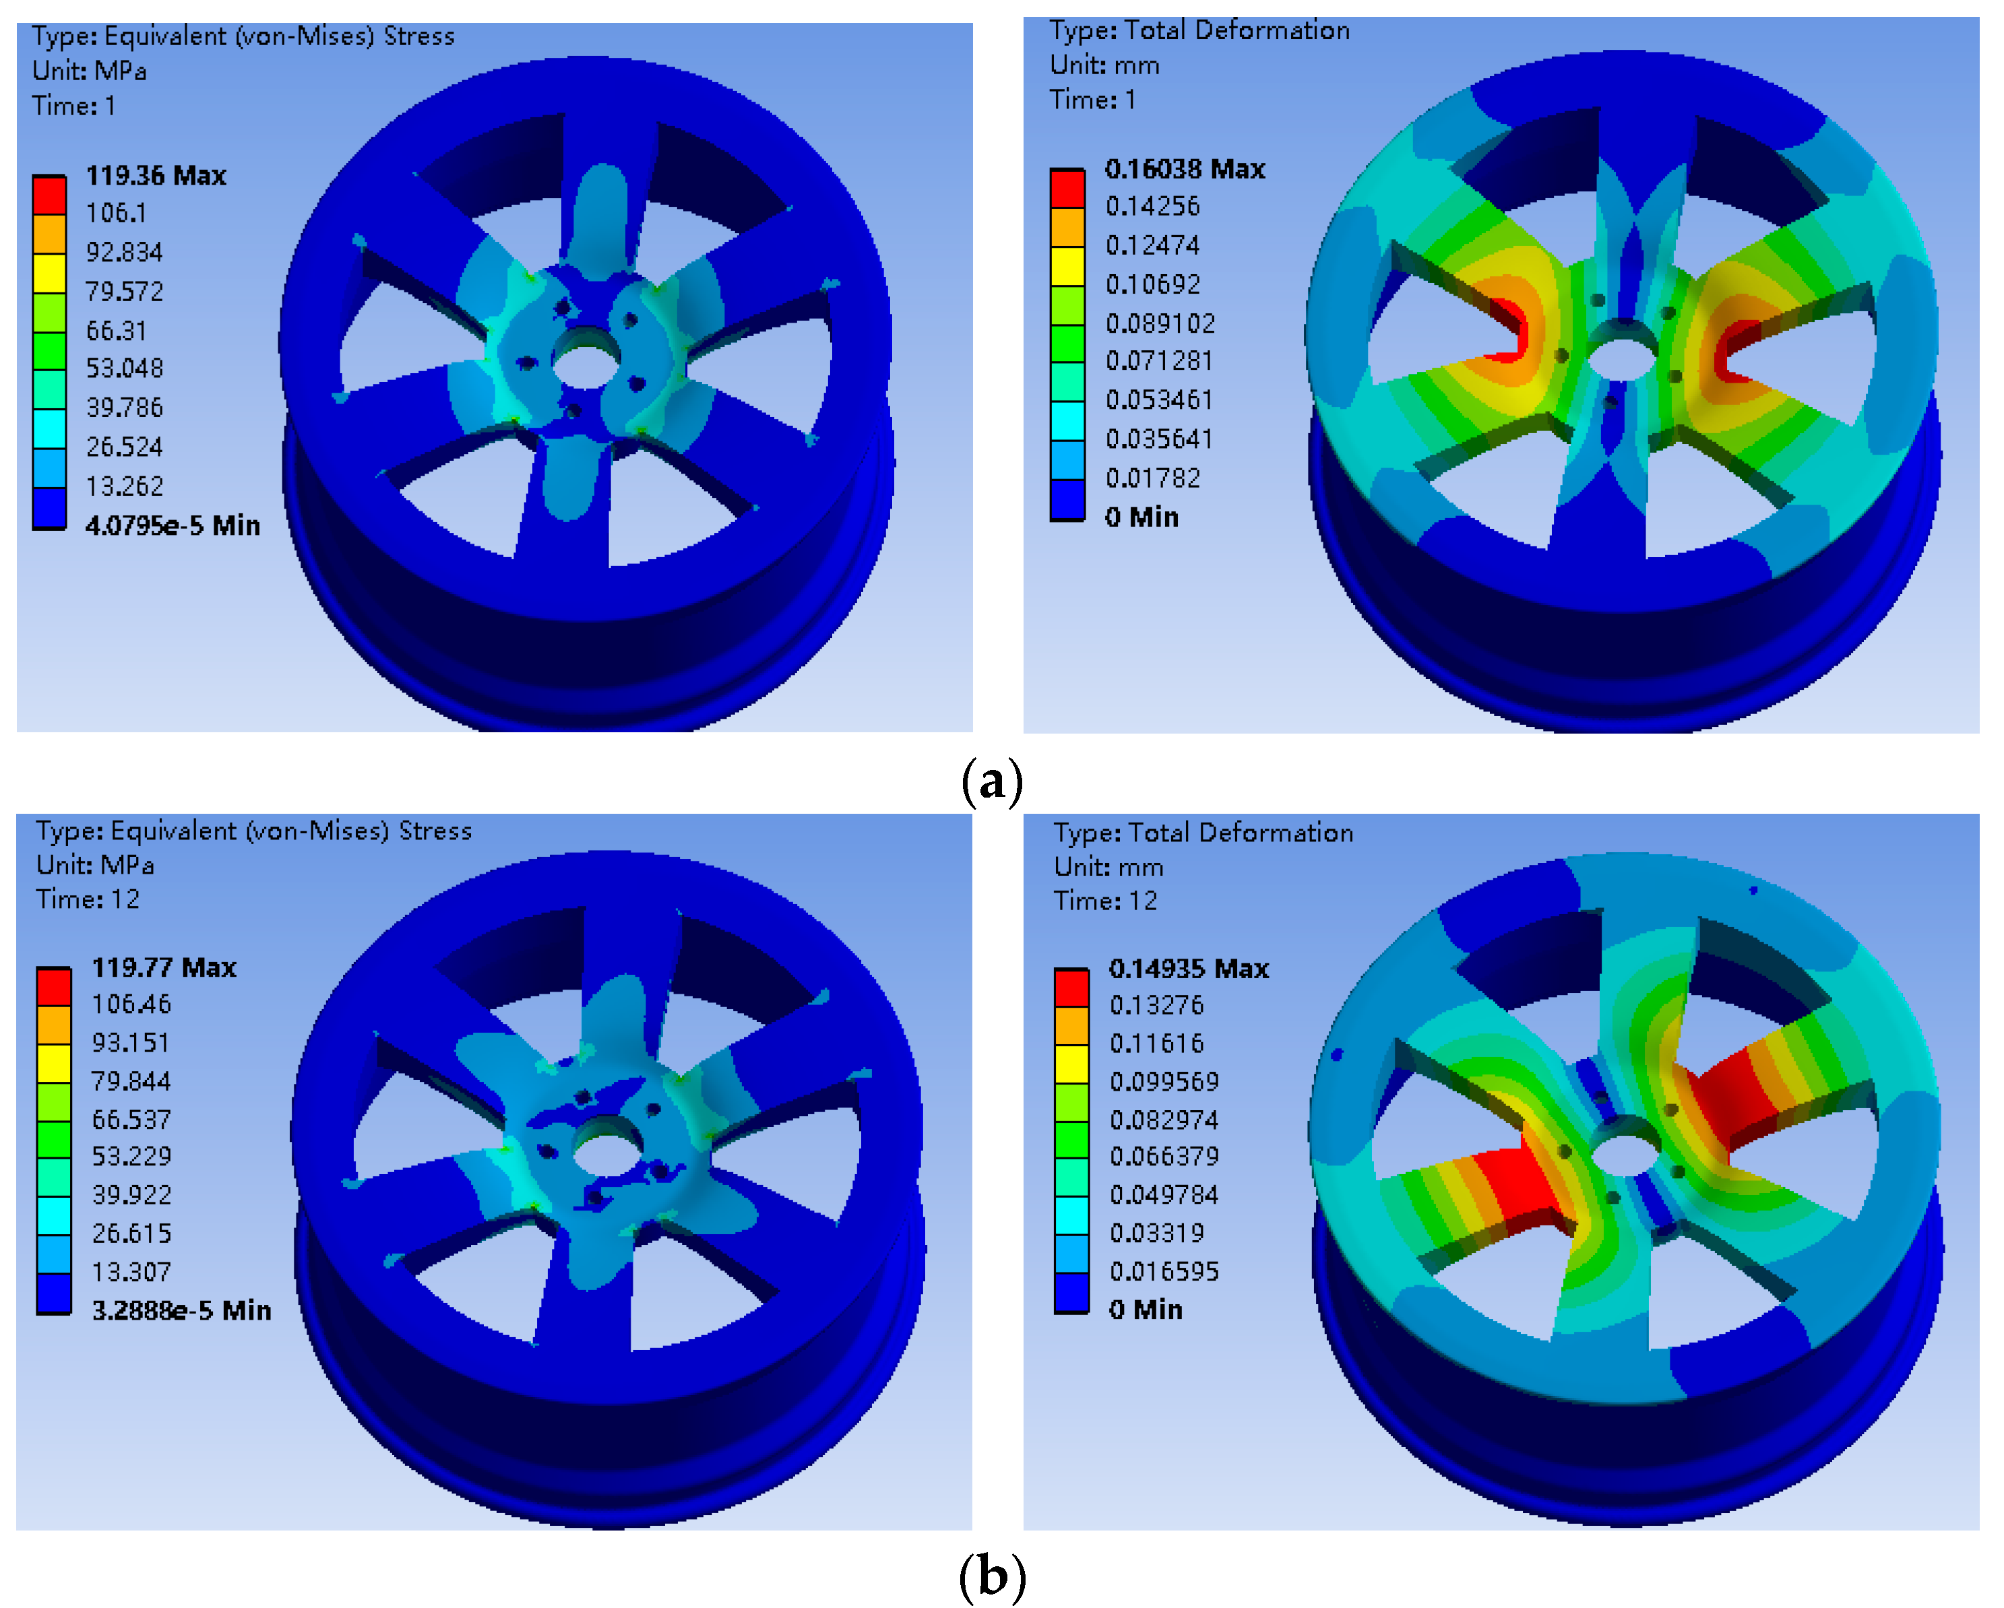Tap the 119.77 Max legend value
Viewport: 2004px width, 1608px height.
point(164,967)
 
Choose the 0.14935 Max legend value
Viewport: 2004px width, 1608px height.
point(1188,969)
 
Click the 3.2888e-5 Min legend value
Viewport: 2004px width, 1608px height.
point(181,1310)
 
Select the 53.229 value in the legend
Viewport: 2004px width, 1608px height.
point(131,1156)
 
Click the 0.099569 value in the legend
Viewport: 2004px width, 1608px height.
point(1164,1082)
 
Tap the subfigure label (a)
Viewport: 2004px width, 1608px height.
point(992,780)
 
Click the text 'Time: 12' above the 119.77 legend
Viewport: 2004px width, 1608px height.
point(88,900)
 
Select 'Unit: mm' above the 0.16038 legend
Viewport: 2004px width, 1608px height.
point(1104,65)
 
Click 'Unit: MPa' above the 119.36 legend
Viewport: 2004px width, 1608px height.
point(89,71)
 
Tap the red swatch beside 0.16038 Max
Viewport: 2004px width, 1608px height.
point(1067,189)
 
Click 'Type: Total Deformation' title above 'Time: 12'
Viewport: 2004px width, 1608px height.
point(1202,833)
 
